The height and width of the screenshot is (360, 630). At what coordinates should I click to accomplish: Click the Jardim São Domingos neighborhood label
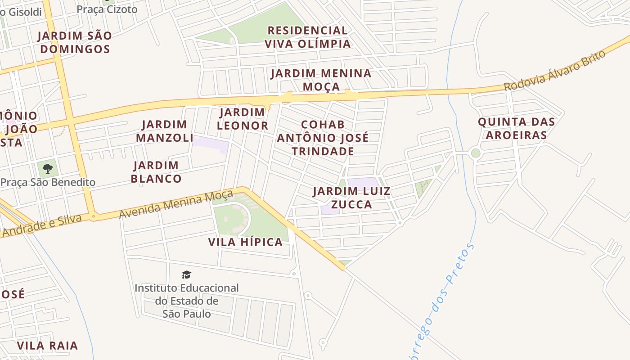(74, 42)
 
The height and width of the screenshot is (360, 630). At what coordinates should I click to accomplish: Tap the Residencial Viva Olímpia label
(307, 37)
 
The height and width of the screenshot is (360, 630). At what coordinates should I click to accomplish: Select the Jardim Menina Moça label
(321, 80)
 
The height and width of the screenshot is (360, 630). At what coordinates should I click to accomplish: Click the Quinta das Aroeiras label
(516, 128)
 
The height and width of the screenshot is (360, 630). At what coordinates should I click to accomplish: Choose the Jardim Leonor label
(242, 119)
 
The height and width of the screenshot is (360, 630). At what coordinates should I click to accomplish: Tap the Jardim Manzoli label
(164, 131)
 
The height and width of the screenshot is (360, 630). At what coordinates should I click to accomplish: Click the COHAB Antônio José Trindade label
(322, 138)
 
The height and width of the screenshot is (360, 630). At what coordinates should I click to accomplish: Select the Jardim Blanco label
(156, 172)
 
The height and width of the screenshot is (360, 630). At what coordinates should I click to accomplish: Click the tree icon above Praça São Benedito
(48, 169)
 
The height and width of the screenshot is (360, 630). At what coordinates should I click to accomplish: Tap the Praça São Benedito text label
(48, 182)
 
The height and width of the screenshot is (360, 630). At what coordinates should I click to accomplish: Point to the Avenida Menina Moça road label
(176, 204)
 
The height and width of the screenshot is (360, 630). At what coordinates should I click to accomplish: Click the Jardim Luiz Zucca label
(351, 198)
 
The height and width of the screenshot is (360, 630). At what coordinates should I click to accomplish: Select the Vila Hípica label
(245, 242)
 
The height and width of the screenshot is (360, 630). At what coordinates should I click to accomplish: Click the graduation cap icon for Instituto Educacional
(186, 274)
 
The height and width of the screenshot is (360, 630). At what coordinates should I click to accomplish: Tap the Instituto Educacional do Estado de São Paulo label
(186, 301)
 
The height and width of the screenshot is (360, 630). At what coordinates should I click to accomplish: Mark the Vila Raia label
(47, 346)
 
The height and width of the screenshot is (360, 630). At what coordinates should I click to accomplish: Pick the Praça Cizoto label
(107, 9)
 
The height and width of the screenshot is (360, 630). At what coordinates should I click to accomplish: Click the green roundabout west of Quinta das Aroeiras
(476, 153)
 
